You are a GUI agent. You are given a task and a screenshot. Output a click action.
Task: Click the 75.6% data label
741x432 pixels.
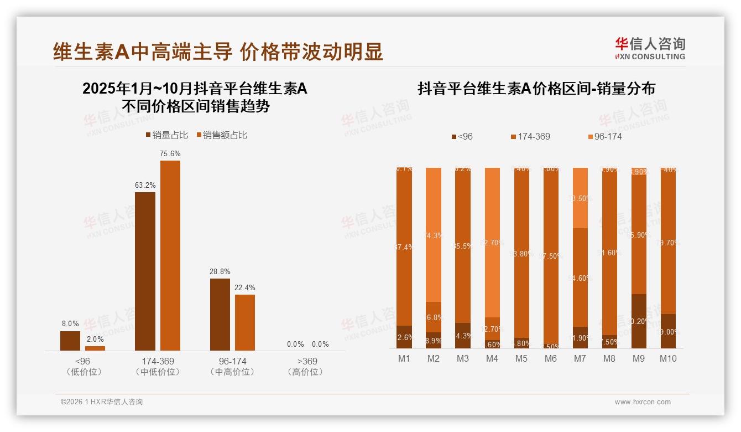pos(170,153)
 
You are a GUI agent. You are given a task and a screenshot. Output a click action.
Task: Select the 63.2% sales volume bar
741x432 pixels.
pos(145,271)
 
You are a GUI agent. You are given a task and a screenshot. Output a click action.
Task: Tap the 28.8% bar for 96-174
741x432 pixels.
pos(220,314)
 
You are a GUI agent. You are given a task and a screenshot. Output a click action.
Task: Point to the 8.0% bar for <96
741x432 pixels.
pos(70,341)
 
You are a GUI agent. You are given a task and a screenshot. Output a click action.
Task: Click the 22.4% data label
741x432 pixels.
pos(245,287)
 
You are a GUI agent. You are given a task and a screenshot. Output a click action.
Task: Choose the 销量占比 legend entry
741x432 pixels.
pos(167,135)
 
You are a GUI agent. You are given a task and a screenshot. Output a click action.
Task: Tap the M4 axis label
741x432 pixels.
pos(492,358)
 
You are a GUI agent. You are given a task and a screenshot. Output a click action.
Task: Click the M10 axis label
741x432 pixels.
pos(668,358)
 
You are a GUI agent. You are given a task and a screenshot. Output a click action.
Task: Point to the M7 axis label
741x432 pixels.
pos(580,358)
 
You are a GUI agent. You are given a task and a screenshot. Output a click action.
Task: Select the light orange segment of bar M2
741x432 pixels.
pos(434,234)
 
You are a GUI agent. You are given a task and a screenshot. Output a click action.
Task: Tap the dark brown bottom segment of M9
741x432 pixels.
pos(639,321)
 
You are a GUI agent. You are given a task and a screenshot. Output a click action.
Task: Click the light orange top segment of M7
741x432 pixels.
pos(580,198)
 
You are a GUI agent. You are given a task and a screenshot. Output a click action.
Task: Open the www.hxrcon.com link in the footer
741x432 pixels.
pos(643,402)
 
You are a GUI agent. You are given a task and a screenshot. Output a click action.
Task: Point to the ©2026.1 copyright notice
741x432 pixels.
pos(101,402)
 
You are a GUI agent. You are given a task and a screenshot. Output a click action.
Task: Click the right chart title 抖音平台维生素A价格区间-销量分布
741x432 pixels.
pos(536,89)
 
